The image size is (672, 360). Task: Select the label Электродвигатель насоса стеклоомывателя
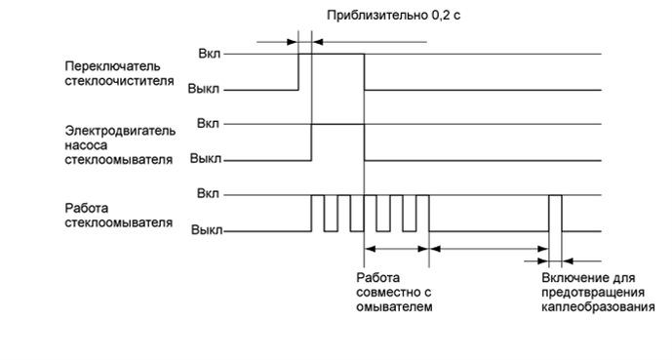pyautogui.click(x=119, y=143)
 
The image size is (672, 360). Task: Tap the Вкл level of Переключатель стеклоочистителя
pyautogui.click(x=208, y=55)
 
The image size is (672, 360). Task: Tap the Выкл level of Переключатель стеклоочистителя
pyautogui.click(x=204, y=89)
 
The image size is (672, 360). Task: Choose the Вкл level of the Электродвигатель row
pyautogui.click(x=208, y=124)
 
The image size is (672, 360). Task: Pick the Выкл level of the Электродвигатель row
pyautogui.click(x=204, y=158)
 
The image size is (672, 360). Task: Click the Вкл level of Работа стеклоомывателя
pyautogui.click(x=208, y=195)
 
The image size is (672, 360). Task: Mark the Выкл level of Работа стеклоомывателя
pyautogui.click(x=204, y=231)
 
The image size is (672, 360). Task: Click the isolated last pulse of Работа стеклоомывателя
pyautogui.click(x=555, y=213)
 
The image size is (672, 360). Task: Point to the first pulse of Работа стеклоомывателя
pyautogui.click(x=317, y=213)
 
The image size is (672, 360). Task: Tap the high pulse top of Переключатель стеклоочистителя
pyautogui.click(x=331, y=55)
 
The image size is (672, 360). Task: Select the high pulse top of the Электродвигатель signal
pyautogui.click(x=337, y=125)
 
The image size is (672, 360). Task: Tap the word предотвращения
pyautogui.click(x=592, y=292)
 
